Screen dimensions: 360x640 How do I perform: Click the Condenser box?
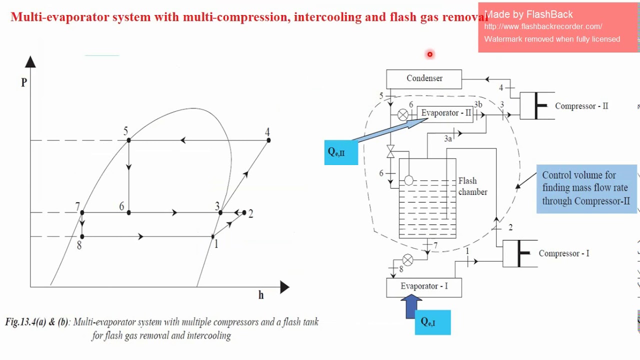424,79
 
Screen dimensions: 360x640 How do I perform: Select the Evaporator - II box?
445,113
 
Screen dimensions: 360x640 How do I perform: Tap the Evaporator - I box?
424,287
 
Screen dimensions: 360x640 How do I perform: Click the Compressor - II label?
581,106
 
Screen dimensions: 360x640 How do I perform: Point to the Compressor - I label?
563,253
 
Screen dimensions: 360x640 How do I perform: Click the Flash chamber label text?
472,186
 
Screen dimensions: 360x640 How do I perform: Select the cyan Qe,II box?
341,152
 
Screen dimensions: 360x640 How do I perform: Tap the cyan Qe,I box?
432,322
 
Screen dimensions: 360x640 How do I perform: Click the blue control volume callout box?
586,188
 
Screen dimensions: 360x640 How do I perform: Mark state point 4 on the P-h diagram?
268,140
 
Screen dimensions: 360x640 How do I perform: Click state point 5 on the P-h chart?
129,140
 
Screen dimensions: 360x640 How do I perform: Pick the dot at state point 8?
82,236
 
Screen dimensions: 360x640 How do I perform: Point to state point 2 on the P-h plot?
244,212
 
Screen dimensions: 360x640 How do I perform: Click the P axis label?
24,82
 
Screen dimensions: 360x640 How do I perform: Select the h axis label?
261,295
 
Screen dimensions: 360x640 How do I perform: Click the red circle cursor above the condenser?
429,54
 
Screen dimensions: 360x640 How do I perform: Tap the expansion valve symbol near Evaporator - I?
408,259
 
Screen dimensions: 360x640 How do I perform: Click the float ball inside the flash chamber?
408,180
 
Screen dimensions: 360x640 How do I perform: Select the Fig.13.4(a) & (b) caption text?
161,328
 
